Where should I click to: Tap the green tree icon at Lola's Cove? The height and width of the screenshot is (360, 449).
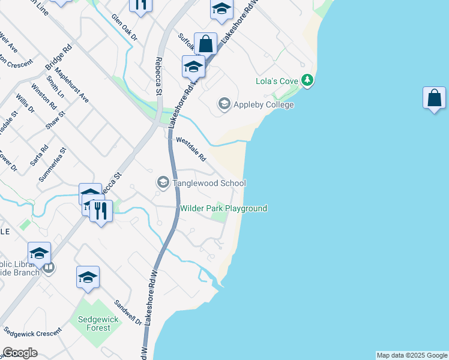[307, 80]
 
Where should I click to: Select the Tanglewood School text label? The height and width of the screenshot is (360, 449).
[209, 183]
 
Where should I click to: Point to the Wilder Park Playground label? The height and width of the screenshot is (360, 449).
[223, 208]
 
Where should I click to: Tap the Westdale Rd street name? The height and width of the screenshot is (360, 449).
[191, 149]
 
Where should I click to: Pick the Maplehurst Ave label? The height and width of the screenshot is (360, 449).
[76, 89]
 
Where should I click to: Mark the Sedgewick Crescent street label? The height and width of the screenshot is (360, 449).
[32, 331]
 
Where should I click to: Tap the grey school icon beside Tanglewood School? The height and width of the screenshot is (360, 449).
[163, 182]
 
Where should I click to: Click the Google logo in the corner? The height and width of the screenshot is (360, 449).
[20, 353]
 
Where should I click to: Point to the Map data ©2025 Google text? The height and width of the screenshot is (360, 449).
[412, 355]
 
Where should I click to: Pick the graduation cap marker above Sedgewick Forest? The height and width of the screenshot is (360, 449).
[88, 277]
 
